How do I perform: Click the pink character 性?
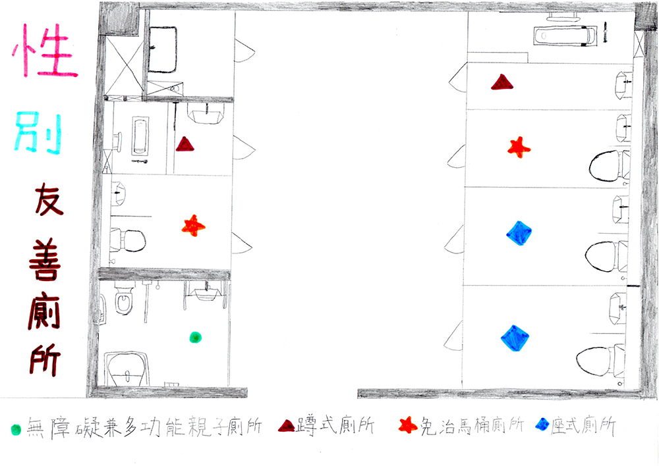click(45, 51)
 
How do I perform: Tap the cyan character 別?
click(39, 132)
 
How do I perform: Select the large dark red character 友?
click(48, 199)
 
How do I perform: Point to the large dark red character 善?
click(45, 259)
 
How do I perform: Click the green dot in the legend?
click(16, 430)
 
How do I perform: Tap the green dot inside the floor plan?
click(195, 337)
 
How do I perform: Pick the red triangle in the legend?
click(286, 426)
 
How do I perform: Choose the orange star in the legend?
click(408, 425)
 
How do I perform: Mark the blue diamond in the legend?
click(542, 425)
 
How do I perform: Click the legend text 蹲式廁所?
click(335, 425)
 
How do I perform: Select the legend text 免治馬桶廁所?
click(472, 426)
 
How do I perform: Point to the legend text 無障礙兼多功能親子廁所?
click(144, 427)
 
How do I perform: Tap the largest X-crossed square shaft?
click(125, 66)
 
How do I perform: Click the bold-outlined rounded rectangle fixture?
click(162, 49)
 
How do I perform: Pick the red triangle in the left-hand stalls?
click(185, 144)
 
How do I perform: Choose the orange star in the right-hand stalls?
click(519, 147)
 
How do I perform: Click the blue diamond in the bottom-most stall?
click(515, 338)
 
